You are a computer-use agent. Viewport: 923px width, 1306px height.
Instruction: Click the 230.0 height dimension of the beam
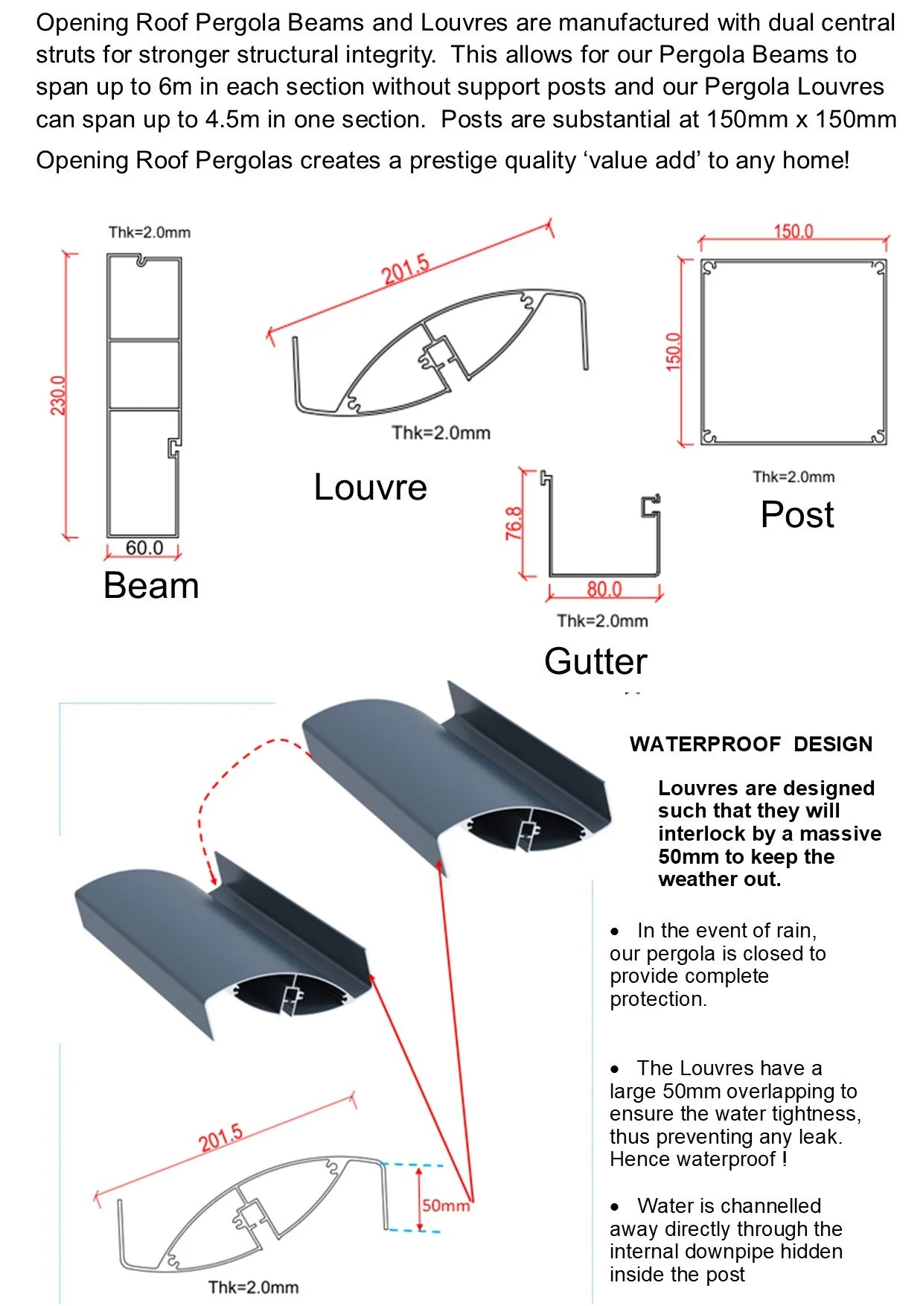point(58,395)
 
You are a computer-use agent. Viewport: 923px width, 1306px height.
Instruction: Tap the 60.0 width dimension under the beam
point(144,548)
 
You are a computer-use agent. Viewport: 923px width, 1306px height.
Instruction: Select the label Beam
point(151,585)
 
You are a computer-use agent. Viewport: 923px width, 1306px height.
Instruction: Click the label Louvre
point(370,488)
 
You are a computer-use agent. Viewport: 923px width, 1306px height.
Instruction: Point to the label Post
point(796,515)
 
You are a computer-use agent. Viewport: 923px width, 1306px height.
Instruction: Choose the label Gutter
point(595,661)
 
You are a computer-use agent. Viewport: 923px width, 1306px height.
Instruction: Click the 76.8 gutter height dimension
point(514,523)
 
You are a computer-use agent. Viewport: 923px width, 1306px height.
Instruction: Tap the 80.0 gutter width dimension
point(604,590)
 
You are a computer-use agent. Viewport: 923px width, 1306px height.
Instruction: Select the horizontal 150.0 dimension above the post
point(793,232)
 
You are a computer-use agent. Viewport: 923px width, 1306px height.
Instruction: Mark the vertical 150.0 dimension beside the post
point(674,351)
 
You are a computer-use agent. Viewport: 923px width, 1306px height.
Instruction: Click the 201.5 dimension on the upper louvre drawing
point(406,270)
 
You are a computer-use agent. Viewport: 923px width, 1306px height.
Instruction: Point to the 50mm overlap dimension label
point(445,1205)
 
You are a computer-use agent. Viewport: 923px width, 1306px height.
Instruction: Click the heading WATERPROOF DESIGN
point(750,744)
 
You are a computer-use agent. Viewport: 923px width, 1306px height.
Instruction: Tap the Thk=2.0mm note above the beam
point(149,232)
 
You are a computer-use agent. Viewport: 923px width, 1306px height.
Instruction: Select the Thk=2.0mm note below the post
point(793,477)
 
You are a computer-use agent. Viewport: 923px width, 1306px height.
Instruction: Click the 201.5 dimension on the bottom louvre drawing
point(221,1138)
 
